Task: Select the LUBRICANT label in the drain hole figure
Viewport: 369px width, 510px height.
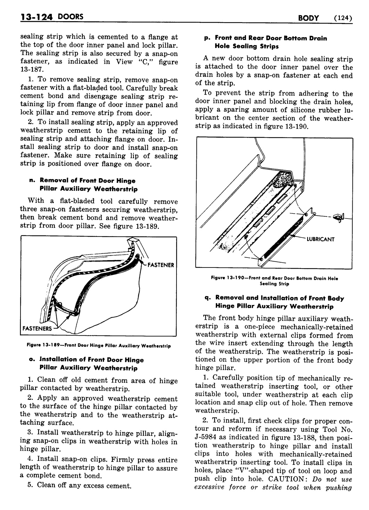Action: pos(320,239)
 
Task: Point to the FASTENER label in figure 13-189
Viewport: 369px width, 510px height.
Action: pos(161,265)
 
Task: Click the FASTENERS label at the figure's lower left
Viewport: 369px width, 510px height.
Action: pos(37,328)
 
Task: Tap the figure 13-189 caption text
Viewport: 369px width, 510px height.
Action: pos(99,346)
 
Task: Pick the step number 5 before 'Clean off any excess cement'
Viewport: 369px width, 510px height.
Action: pos(30,485)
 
